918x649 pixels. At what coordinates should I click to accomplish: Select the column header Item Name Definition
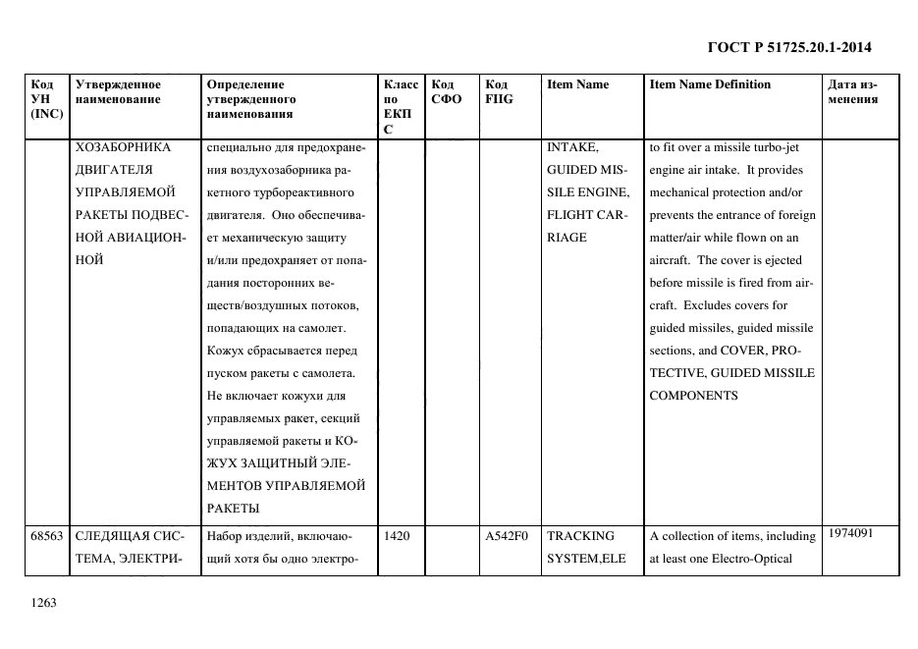click(710, 84)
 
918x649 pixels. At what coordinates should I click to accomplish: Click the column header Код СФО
click(447, 91)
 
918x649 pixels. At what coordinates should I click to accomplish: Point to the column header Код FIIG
click(499, 91)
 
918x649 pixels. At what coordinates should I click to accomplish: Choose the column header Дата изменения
click(852, 91)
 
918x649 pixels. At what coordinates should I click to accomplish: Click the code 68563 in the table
click(46, 536)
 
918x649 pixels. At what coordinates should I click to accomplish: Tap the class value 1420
click(396, 536)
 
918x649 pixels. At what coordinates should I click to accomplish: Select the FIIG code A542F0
click(507, 536)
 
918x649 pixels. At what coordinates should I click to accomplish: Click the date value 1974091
click(849, 533)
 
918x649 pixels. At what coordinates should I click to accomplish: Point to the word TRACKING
click(580, 536)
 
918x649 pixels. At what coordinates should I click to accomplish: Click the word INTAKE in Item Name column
click(571, 148)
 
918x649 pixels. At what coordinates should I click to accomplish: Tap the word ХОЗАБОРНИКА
click(123, 148)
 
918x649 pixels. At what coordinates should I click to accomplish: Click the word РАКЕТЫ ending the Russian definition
click(232, 508)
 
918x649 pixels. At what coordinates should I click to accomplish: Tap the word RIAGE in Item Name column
click(567, 237)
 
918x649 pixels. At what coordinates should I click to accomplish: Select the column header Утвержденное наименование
click(118, 91)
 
